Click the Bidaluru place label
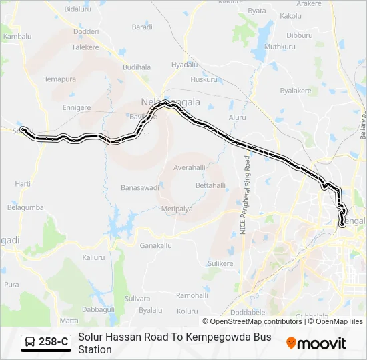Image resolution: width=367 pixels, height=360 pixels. [x=77, y=9]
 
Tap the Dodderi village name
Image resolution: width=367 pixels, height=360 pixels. [x=85, y=31]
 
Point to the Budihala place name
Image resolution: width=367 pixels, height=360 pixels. [x=137, y=67]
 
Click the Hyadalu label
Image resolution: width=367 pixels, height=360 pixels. [x=184, y=65]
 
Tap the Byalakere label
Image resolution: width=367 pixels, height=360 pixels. [x=295, y=90]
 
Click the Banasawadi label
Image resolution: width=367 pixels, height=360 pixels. [x=139, y=188]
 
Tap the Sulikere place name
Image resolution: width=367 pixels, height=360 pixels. [x=220, y=264]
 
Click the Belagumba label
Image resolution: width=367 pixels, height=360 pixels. [x=25, y=208]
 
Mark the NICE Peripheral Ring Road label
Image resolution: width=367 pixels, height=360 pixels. [x=245, y=195]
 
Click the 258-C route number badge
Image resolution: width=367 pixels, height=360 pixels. [x=53, y=343]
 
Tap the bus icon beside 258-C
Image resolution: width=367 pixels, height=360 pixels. [x=31, y=343]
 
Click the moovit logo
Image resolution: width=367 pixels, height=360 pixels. [x=316, y=343]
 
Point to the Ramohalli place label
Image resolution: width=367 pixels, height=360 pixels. [x=192, y=295]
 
